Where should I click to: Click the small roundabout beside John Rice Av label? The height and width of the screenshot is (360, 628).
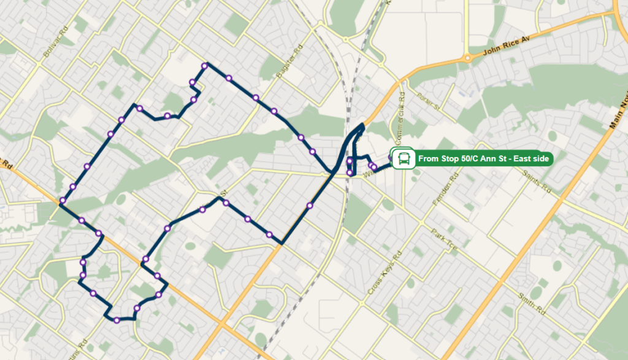click(468, 59)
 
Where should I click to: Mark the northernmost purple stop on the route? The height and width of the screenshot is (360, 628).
click(205, 66)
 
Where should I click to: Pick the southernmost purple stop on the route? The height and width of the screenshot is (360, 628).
click(117, 320)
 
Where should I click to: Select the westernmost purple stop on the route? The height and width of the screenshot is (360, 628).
click(63, 201)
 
